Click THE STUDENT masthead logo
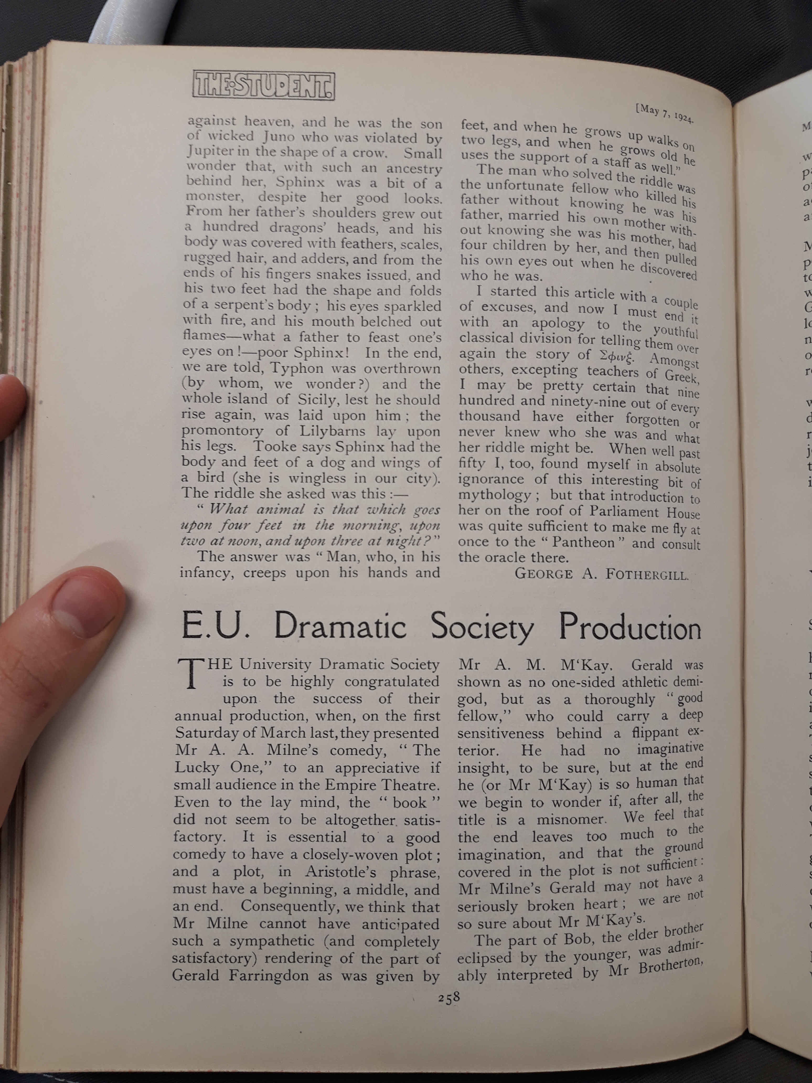pyautogui.click(x=264, y=86)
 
